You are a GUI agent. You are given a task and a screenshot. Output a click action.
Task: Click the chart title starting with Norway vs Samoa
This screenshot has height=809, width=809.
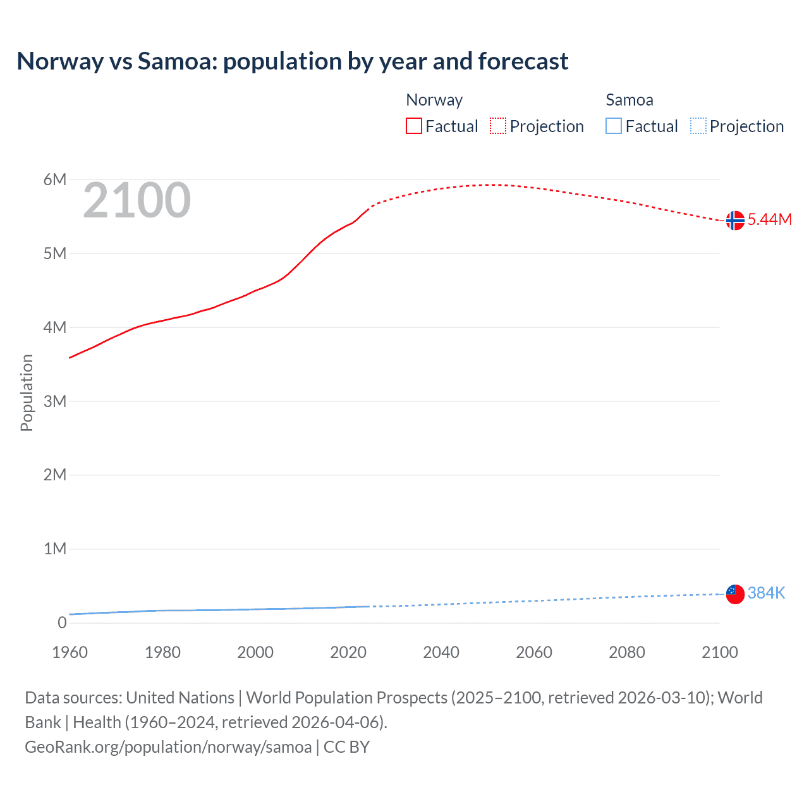pos(292,61)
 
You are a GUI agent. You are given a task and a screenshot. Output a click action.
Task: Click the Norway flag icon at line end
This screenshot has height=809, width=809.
pos(734,221)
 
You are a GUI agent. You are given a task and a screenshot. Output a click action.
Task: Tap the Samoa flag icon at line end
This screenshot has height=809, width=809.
pos(734,594)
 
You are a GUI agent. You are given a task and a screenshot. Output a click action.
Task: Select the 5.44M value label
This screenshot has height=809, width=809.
pos(769,220)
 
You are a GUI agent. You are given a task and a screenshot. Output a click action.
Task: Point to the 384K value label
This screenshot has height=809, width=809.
pos(766,593)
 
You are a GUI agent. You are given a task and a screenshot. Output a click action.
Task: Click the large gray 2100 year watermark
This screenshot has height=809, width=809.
pos(137,200)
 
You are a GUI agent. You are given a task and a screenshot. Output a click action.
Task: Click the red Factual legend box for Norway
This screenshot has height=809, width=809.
pos(413,126)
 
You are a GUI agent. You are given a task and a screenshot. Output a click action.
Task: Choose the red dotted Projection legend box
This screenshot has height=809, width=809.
pos(498,126)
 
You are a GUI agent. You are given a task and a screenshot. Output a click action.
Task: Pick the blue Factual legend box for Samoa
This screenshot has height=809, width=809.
pos(613,126)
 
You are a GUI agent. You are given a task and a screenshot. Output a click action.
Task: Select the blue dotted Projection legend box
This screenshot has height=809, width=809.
pos(698,126)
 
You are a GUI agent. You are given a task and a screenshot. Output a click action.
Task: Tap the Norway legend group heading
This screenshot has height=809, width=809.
pos(434,100)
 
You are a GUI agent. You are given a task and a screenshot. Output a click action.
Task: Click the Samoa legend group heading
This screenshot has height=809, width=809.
pos(629,100)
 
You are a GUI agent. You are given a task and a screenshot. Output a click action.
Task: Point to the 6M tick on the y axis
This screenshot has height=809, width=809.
pos(55,179)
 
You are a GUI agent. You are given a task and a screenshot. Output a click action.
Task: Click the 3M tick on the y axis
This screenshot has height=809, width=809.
pos(55,401)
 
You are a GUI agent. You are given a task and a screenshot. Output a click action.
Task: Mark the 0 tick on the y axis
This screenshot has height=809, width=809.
pos(62,623)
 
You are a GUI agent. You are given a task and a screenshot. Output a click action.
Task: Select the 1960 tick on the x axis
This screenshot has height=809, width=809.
pos(70,652)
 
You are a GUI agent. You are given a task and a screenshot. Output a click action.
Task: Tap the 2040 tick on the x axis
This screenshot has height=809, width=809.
pos(441,652)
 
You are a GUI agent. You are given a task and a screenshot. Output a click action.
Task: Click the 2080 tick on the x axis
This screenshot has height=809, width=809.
pos(627,652)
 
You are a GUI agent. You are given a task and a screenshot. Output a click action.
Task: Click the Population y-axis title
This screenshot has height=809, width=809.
pos(27,392)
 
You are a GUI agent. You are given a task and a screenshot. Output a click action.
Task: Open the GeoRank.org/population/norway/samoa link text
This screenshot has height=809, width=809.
pos(168,747)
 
